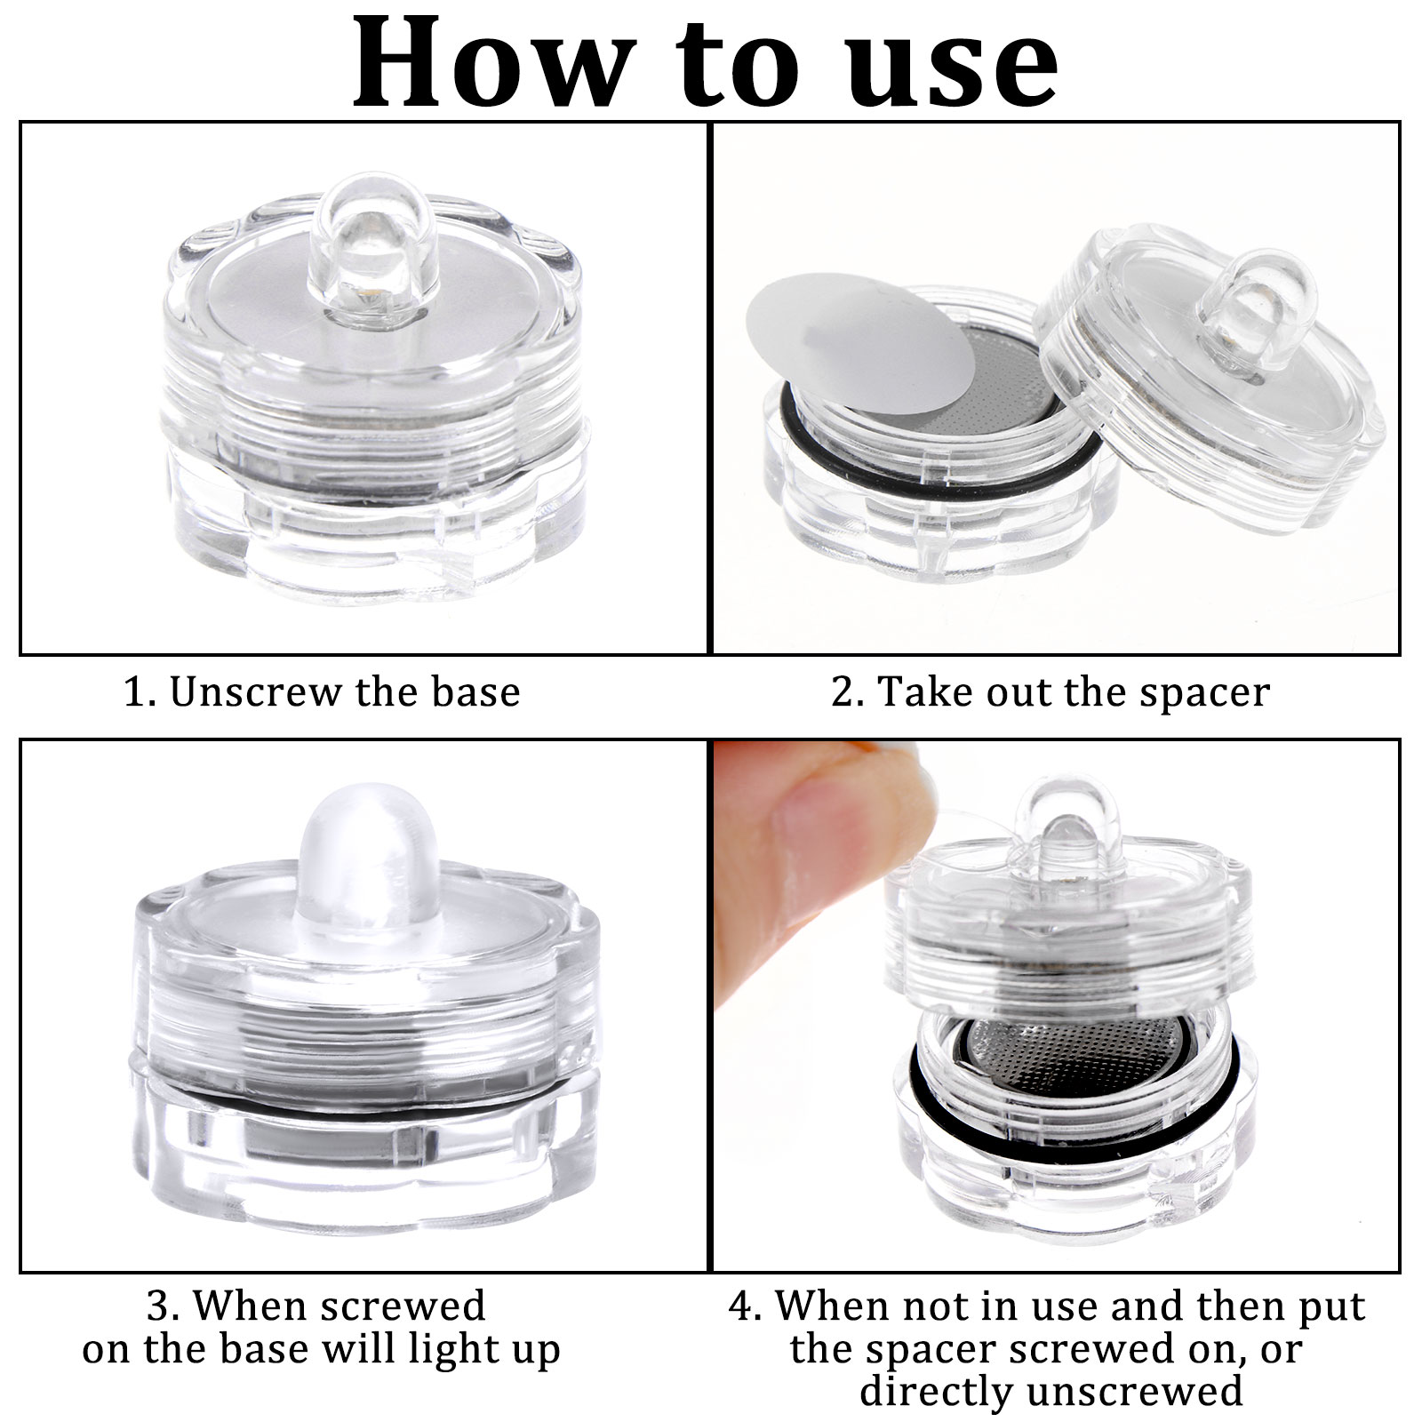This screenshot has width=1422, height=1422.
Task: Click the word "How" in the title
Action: tap(488, 61)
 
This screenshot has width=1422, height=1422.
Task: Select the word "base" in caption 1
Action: tap(475, 691)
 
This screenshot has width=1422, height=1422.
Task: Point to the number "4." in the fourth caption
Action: tap(746, 1306)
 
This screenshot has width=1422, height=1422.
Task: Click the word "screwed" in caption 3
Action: tap(403, 1306)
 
